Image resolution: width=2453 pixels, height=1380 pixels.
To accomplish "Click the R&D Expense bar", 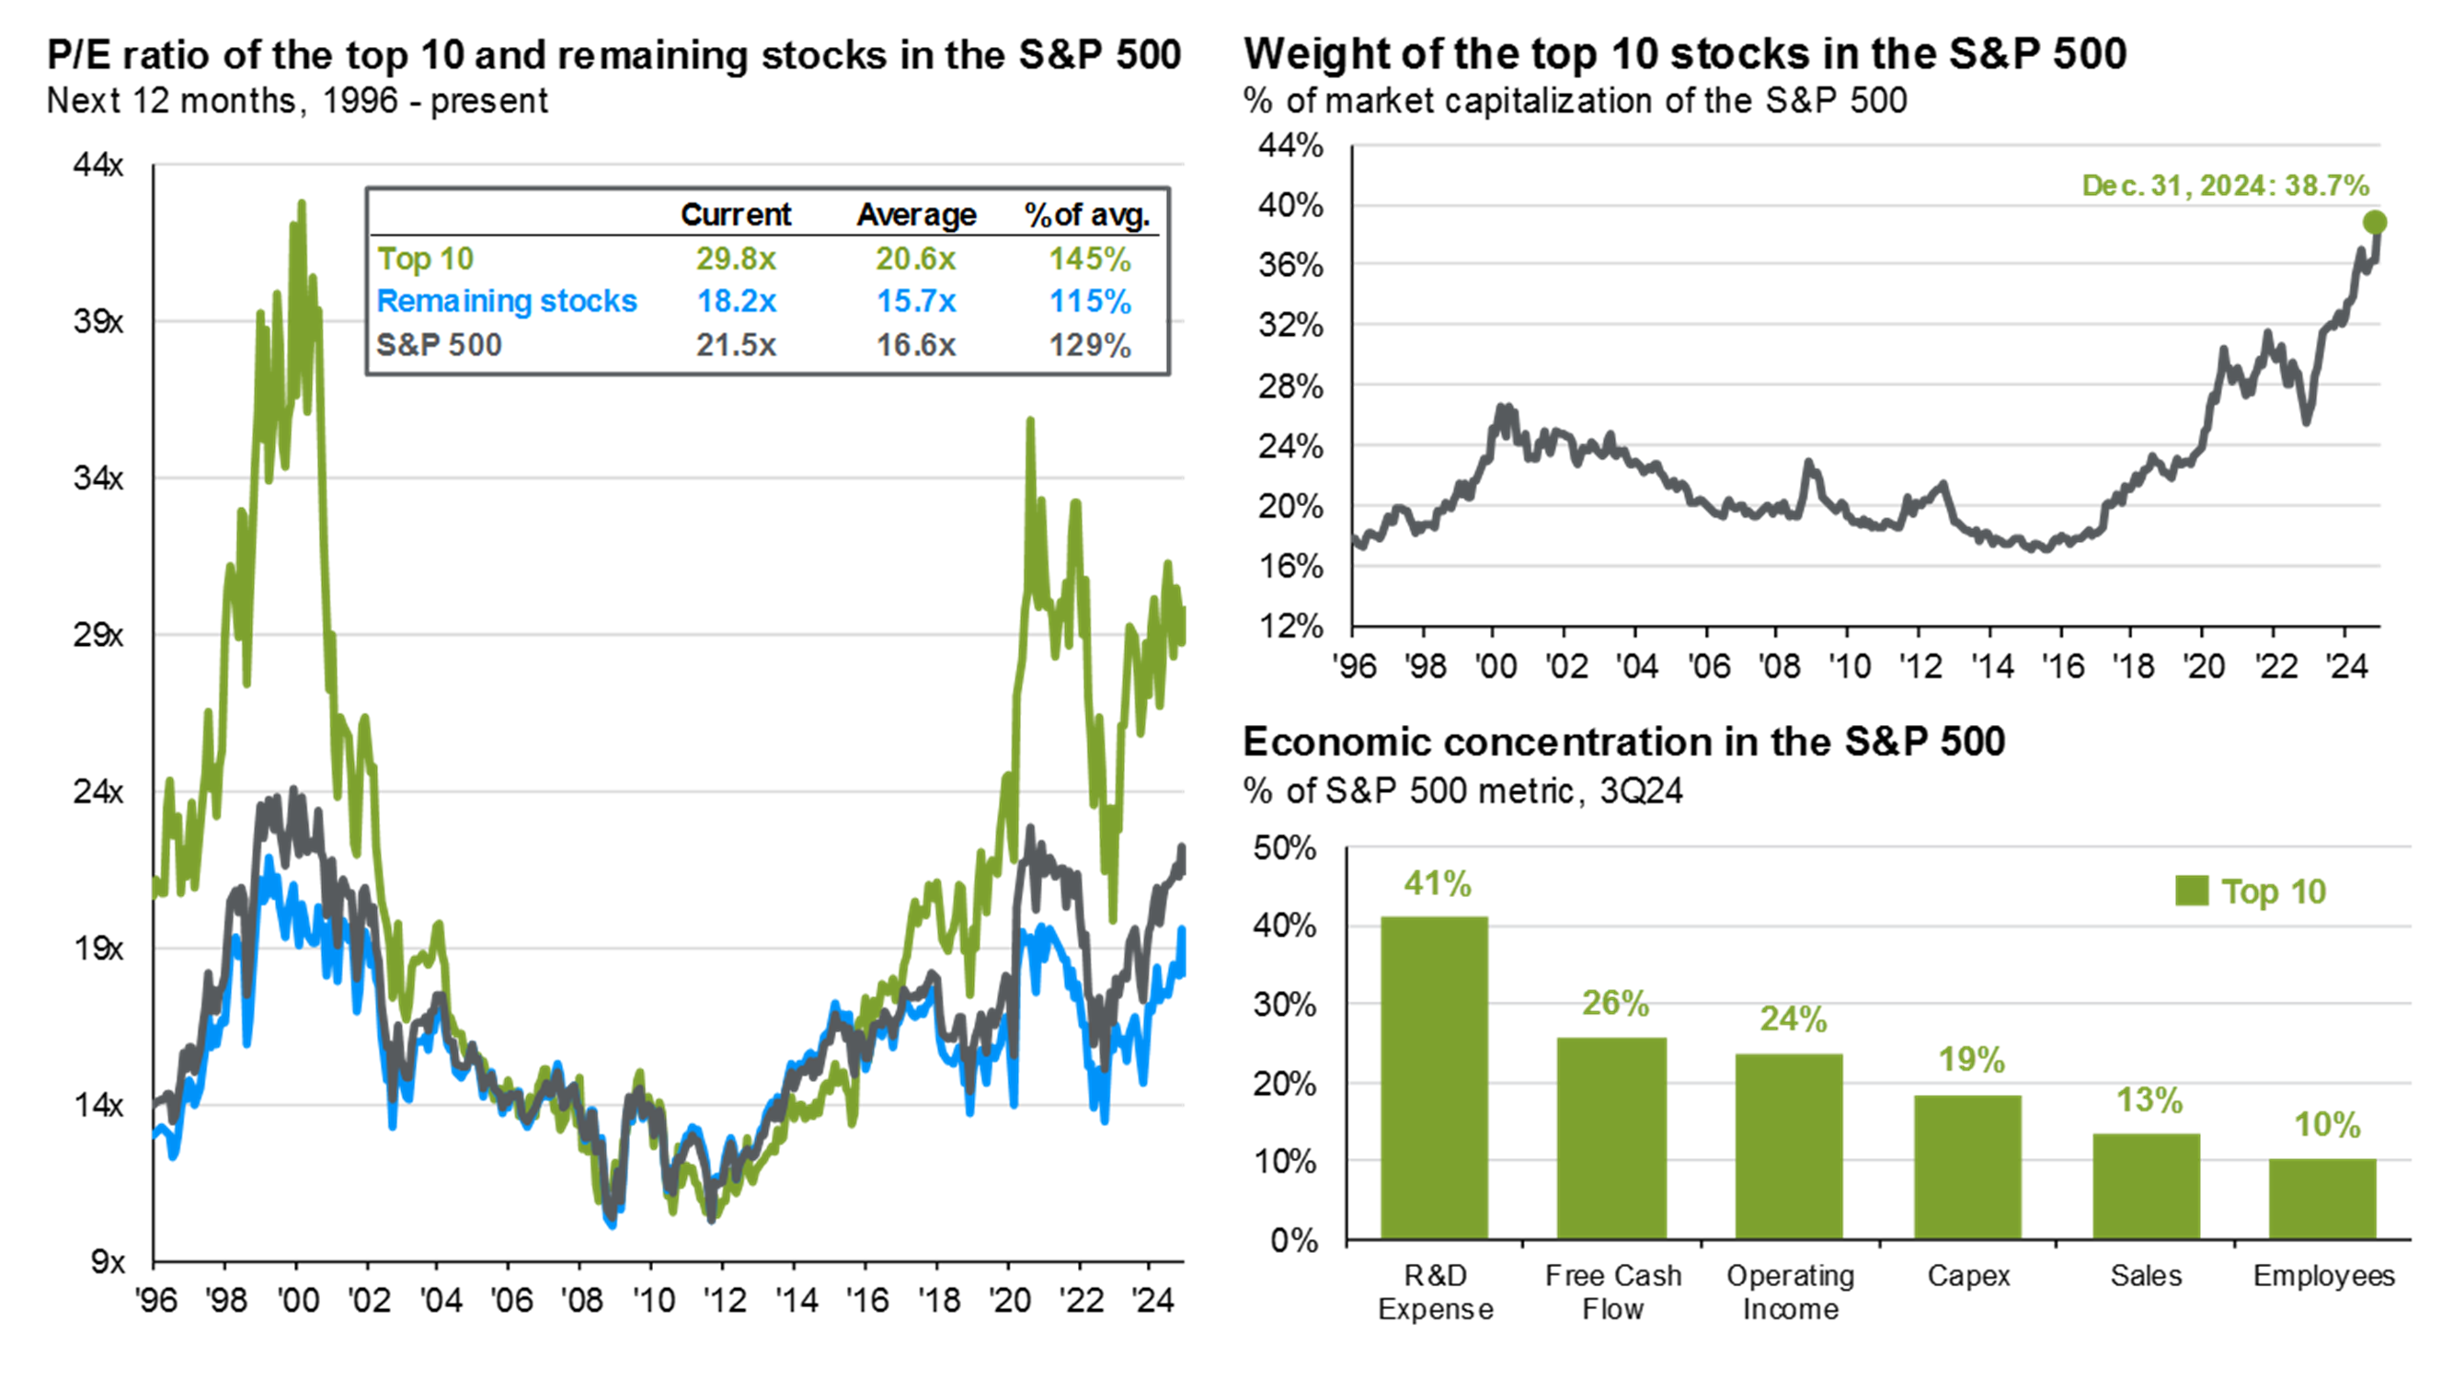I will coord(1434,1077).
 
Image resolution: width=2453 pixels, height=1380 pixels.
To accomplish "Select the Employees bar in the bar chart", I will coord(2321,1198).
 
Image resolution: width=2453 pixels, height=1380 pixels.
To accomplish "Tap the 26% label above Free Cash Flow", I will coord(1615,1003).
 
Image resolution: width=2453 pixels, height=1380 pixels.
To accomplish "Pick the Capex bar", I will coord(1967,1167).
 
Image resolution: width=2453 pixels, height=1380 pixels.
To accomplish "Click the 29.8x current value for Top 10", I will coord(735,259).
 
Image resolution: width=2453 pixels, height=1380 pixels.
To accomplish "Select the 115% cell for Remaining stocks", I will coord(1089,301).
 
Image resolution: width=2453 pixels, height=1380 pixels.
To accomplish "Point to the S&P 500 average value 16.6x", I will coord(915,344).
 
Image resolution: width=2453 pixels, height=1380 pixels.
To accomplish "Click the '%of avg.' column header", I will coord(1086,214).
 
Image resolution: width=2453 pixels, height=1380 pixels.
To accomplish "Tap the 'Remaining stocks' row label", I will coord(507,301).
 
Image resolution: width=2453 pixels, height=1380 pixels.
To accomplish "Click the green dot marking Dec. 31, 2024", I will coord(2374,223).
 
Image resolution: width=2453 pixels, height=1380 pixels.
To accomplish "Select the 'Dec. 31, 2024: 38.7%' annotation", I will coord(2225,185).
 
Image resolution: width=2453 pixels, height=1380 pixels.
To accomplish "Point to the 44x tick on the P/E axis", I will coord(98,165).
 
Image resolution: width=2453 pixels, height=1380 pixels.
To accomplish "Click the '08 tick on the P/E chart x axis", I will coord(581,1300).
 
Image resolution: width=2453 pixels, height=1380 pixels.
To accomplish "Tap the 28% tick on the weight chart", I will coord(1290,386).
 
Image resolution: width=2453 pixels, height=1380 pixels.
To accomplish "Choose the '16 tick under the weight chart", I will coord(2063,666).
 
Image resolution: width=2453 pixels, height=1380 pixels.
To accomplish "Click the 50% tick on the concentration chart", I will coord(1285,847).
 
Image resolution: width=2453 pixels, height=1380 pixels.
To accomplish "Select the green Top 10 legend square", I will coord(2191,891).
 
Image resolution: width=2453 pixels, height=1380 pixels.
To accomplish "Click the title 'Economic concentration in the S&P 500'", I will coord(1622,741).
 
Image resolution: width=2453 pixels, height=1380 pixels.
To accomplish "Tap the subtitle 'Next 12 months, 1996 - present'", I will coord(297,101).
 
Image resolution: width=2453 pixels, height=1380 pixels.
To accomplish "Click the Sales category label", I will coord(2145,1275).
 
